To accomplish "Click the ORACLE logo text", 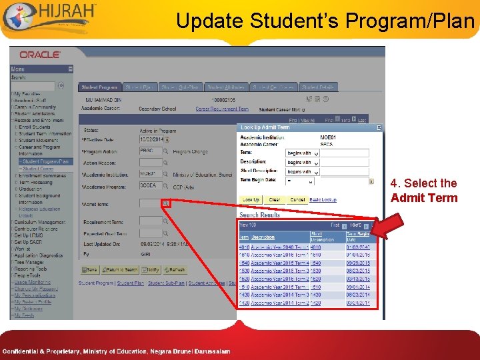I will pos(41,55).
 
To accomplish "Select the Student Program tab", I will pos(99,87).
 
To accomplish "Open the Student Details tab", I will pos(317,87).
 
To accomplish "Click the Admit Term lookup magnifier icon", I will pos(165,203).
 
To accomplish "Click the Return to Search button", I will pos(120,270).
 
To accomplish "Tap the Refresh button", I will pos(175,270).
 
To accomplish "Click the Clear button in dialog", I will pos(275,200).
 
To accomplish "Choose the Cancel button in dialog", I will pos(297,200).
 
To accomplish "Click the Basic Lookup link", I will pos(323,200).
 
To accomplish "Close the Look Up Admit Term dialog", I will pos(379,127).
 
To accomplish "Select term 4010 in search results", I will pos(243,247).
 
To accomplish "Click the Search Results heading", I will pos(259,215).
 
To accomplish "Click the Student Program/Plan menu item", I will pos(44,161).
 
